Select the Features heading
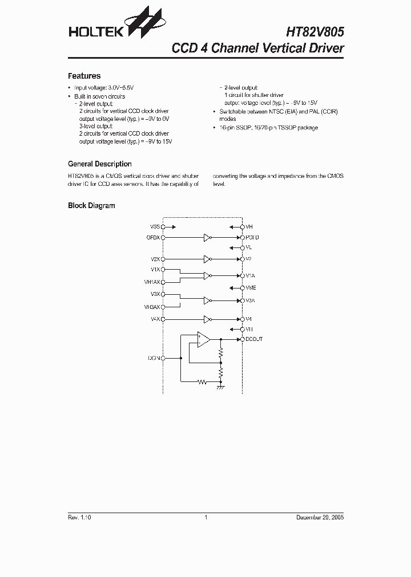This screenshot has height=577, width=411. (x=84, y=76)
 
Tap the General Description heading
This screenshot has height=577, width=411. (x=99, y=164)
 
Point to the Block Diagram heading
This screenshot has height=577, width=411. (x=91, y=206)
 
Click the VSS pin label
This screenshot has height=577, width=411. (x=155, y=226)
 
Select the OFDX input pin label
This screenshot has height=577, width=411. (x=153, y=237)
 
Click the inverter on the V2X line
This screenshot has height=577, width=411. (x=207, y=259)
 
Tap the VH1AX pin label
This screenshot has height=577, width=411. (x=152, y=282)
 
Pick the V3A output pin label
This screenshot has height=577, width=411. (x=250, y=300)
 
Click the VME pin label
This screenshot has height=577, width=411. (x=251, y=288)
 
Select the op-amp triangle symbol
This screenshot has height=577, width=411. (x=203, y=339)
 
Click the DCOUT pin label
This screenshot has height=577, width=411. (x=254, y=339)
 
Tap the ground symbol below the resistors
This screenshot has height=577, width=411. (x=220, y=387)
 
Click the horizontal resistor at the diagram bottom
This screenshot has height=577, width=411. (x=202, y=382)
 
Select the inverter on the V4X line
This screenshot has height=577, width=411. (x=207, y=319)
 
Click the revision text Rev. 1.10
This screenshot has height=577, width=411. (x=79, y=517)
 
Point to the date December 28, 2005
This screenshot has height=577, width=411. (x=320, y=517)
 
